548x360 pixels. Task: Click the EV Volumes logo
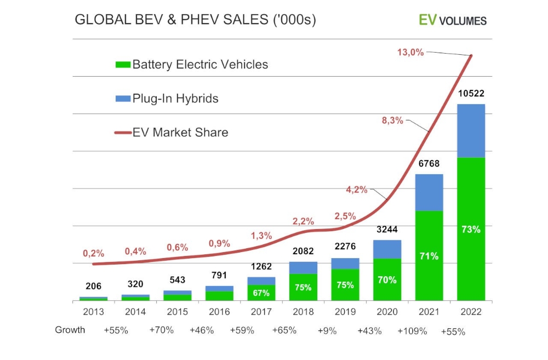coord(452,20)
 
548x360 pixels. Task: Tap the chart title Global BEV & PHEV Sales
coord(195,20)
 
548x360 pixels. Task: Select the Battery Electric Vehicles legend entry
coord(192,65)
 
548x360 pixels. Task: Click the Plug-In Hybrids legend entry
coord(167,99)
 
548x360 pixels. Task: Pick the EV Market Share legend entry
coord(172,132)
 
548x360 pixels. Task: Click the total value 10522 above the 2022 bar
coord(471,94)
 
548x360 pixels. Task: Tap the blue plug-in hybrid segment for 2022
coord(471,130)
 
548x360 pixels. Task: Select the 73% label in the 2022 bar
coord(471,229)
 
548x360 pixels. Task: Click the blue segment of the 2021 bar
coord(429,192)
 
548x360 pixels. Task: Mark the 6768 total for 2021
coord(429,163)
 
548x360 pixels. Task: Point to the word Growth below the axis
coord(70,330)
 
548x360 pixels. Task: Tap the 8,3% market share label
coord(392,121)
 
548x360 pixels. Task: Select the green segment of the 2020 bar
coord(387,279)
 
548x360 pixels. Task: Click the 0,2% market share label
coord(94,253)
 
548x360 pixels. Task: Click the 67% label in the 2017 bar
coord(261,293)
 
